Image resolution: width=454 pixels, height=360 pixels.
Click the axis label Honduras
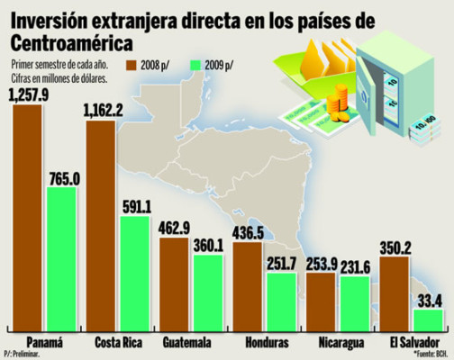(267, 343)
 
